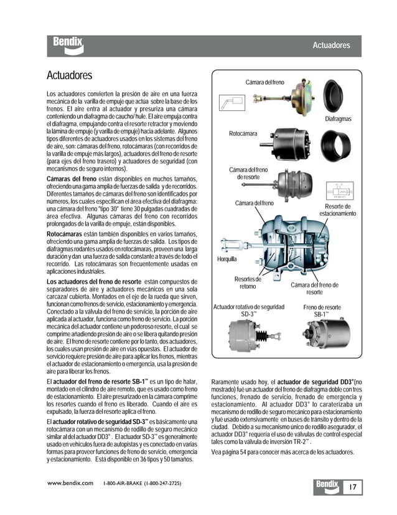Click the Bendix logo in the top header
[68, 46]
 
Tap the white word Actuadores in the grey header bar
[330, 46]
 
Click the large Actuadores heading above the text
[70, 75]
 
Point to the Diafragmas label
[338, 118]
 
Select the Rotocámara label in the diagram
[243, 133]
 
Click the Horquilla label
[227, 259]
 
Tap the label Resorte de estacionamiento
[338, 210]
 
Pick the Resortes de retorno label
[248, 282]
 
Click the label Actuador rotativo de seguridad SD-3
[248, 310]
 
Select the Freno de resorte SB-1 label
[322, 310]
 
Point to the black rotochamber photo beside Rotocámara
[286, 143]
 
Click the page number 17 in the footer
[352, 486]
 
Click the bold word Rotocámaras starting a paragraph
[65, 234]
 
